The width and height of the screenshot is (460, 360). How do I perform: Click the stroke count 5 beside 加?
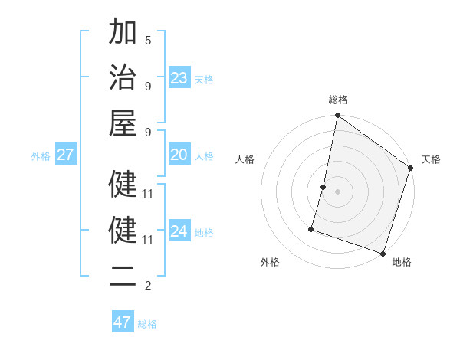148,40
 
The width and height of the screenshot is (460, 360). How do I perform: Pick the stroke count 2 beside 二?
148,286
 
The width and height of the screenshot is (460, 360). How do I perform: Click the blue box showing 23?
179,78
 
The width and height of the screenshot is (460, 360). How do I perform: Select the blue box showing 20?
179,155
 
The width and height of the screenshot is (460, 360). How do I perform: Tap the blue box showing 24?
179,231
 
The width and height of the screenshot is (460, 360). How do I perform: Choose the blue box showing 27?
66,155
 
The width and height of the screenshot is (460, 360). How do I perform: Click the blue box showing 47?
122,322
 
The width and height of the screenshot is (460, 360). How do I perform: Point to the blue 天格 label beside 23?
204,80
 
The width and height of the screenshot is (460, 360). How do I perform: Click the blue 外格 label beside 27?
41,156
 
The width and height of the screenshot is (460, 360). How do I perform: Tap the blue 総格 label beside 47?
147,324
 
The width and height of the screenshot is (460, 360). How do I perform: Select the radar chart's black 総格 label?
338,100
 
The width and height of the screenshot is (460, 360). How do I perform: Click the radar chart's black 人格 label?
245,159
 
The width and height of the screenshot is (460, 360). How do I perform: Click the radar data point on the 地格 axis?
383,254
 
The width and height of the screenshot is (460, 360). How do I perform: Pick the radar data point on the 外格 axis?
312,228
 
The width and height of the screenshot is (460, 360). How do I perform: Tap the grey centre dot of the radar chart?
338,191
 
